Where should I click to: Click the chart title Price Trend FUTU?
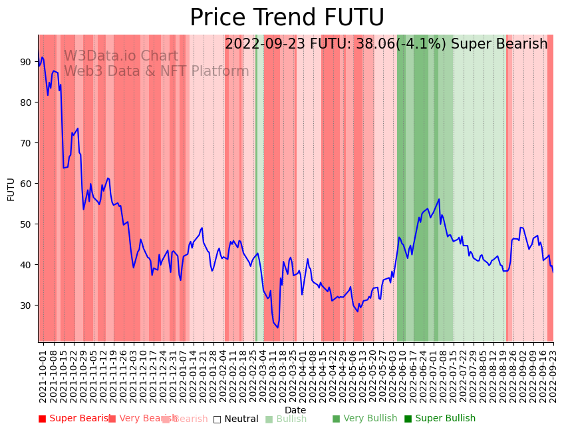(x=287, y=18)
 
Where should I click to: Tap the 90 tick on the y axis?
(x=25, y=62)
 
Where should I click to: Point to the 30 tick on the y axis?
(x=25, y=306)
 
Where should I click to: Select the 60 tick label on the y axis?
(x=25, y=184)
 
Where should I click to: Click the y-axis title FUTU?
(x=11, y=189)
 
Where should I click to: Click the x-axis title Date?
(x=295, y=410)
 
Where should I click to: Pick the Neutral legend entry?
(x=235, y=419)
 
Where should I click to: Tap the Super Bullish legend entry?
(x=440, y=419)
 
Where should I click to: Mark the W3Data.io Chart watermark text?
(x=121, y=57)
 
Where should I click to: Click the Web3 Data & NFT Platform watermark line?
(x=156, y=71)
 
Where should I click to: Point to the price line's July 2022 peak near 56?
(x=439, y=199)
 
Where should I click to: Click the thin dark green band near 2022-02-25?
(x=257, y=186)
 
